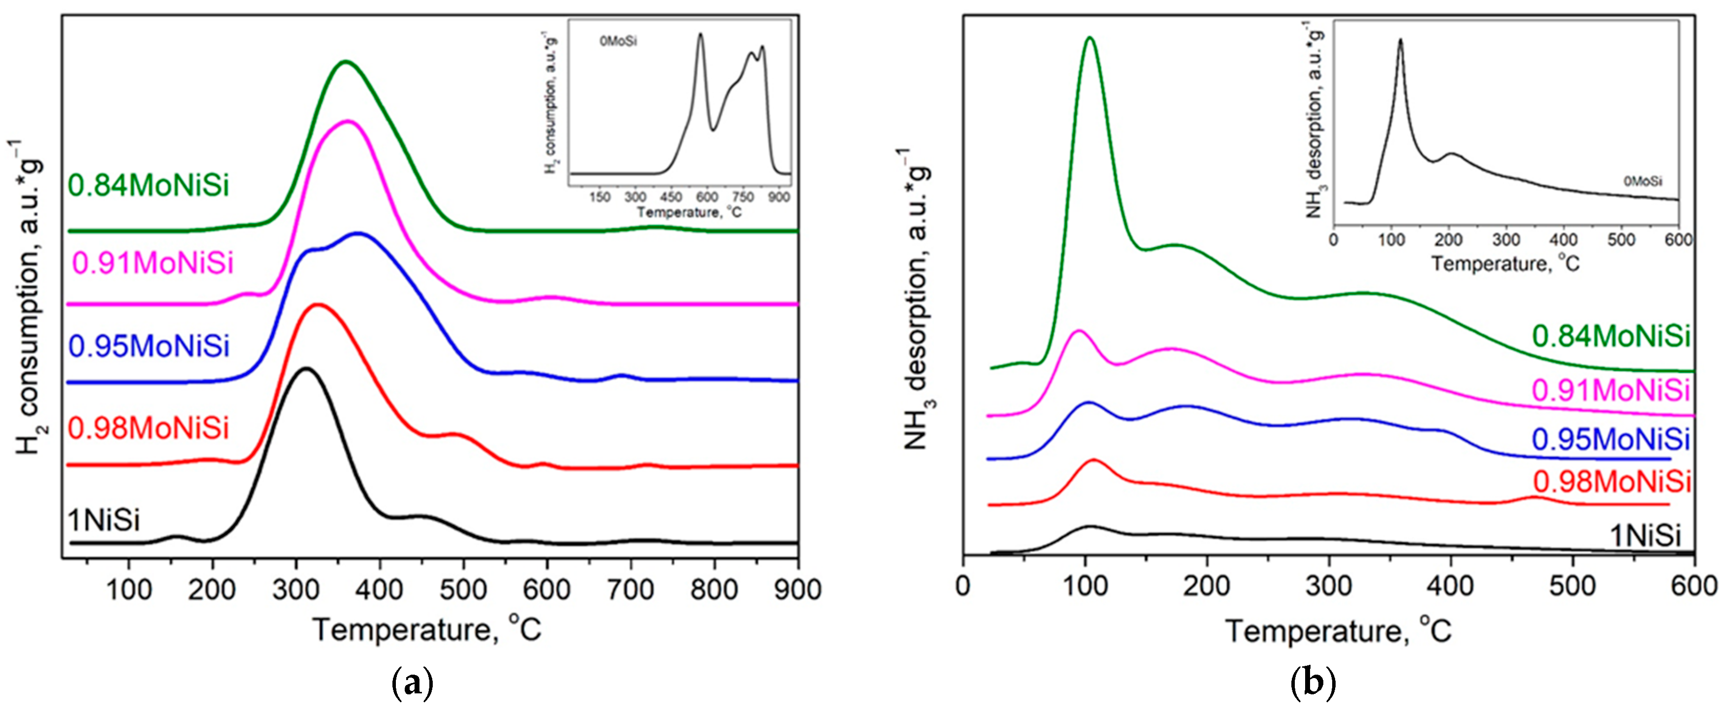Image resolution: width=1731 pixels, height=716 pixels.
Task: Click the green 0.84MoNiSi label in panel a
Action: (148, 186)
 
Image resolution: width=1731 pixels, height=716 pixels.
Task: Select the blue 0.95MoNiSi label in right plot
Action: (1610, 439)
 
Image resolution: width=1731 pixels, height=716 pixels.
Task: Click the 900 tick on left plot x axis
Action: (797, 590)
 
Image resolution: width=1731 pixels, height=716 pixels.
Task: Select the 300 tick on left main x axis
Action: (296, 590)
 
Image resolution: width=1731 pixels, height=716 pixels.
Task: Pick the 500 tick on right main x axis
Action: (1573, 586)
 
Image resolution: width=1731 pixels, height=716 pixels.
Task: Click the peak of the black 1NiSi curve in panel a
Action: (306, 369)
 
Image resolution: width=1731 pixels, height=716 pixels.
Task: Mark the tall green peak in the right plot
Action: (1089, 38)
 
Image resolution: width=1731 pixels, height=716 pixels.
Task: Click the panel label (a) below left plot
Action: (412, 683)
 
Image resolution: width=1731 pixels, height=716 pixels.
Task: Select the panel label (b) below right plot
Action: (1313, 683)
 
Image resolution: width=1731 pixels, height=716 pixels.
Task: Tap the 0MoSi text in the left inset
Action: (618, 42)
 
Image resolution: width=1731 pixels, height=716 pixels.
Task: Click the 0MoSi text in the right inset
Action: (1642, 182)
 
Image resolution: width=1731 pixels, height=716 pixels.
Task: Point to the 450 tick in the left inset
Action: (671, 197)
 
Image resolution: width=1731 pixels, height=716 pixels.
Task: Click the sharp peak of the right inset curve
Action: (1401, 40)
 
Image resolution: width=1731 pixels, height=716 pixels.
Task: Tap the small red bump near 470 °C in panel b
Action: (1535, 498)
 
